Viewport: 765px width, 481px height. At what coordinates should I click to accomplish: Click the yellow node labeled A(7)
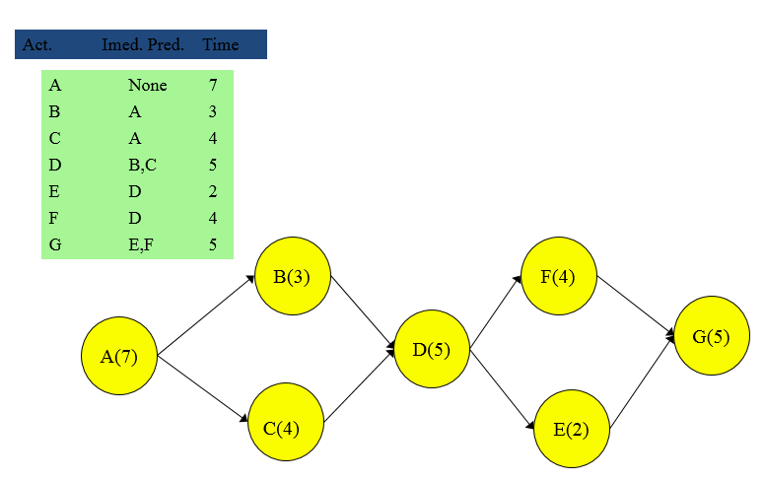pyautogui.click(x=119, y=356)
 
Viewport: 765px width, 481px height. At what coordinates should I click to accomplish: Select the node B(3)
pyautogui.click(x=292, y=277)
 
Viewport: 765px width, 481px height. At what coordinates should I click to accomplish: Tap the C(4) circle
pyautogui.click(x=286, y=427)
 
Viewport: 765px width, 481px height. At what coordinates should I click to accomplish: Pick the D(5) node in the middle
pyautogui.click(x=432, y=349)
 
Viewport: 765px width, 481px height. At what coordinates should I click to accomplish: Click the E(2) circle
pyautogui.click(x=572, y=429)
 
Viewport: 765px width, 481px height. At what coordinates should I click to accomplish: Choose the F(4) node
pyautogui.click(x=558, y=276)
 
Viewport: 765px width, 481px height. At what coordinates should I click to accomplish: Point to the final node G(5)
pyautogui.click(x=712, y=336)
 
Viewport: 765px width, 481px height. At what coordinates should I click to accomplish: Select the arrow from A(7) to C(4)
pyautogui.click(x=203, y=390)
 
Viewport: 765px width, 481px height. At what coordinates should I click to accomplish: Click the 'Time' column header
pyautogui.click(x=220, y=44)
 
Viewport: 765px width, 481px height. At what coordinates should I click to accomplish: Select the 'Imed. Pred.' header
pyautogui.click(x=143, y=44)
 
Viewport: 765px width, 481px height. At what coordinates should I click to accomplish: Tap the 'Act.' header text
pyautogui.click(x=36, y=44)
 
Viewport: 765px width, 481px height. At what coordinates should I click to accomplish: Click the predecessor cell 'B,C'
pyautogui.click(x=142, y=166)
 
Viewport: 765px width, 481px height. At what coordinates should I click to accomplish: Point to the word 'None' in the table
pyautogui.click(x=147, y=86)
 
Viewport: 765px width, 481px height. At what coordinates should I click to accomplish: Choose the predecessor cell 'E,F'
pyautogui.click(x=141, y=245)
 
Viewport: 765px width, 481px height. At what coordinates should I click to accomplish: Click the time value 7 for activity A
pyautogui.click(x=213, y=86)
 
